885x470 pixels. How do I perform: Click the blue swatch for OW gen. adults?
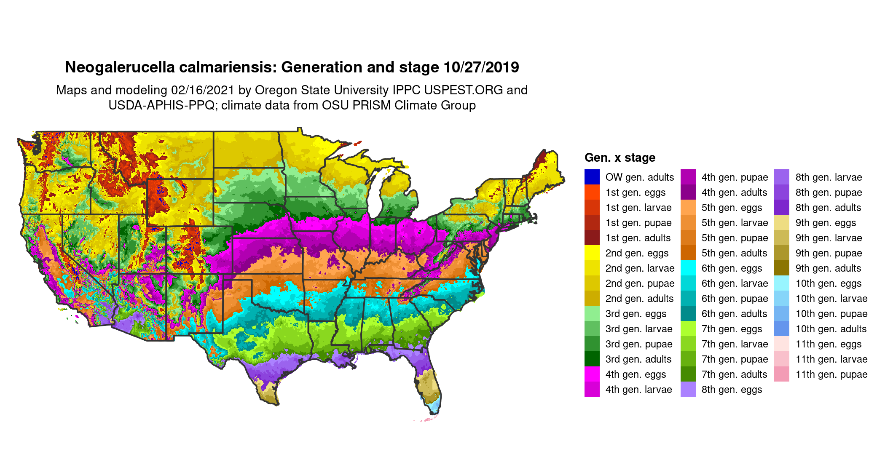pos(592,177)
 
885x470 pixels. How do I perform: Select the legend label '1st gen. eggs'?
pos(635,192)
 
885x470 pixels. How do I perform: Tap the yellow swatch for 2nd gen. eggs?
pos(592,253)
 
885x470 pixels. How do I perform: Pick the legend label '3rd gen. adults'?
pos(638,359)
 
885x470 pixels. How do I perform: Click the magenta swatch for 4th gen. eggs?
pos(592,374)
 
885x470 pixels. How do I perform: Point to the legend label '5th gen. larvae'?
pos(735,223)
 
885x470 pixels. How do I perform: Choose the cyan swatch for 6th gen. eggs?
pos(688,268)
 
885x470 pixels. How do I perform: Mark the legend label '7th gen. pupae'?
pos(734,359)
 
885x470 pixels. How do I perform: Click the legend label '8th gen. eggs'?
pos(732,390)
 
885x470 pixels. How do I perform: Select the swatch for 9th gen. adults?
pos(782,268)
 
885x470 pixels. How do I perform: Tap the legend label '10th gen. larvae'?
pos(831,299)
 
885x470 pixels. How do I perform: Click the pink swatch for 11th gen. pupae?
pos(782,374)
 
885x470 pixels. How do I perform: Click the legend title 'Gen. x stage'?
pos(619,158)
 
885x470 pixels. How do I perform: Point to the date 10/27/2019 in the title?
pos(481,67)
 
